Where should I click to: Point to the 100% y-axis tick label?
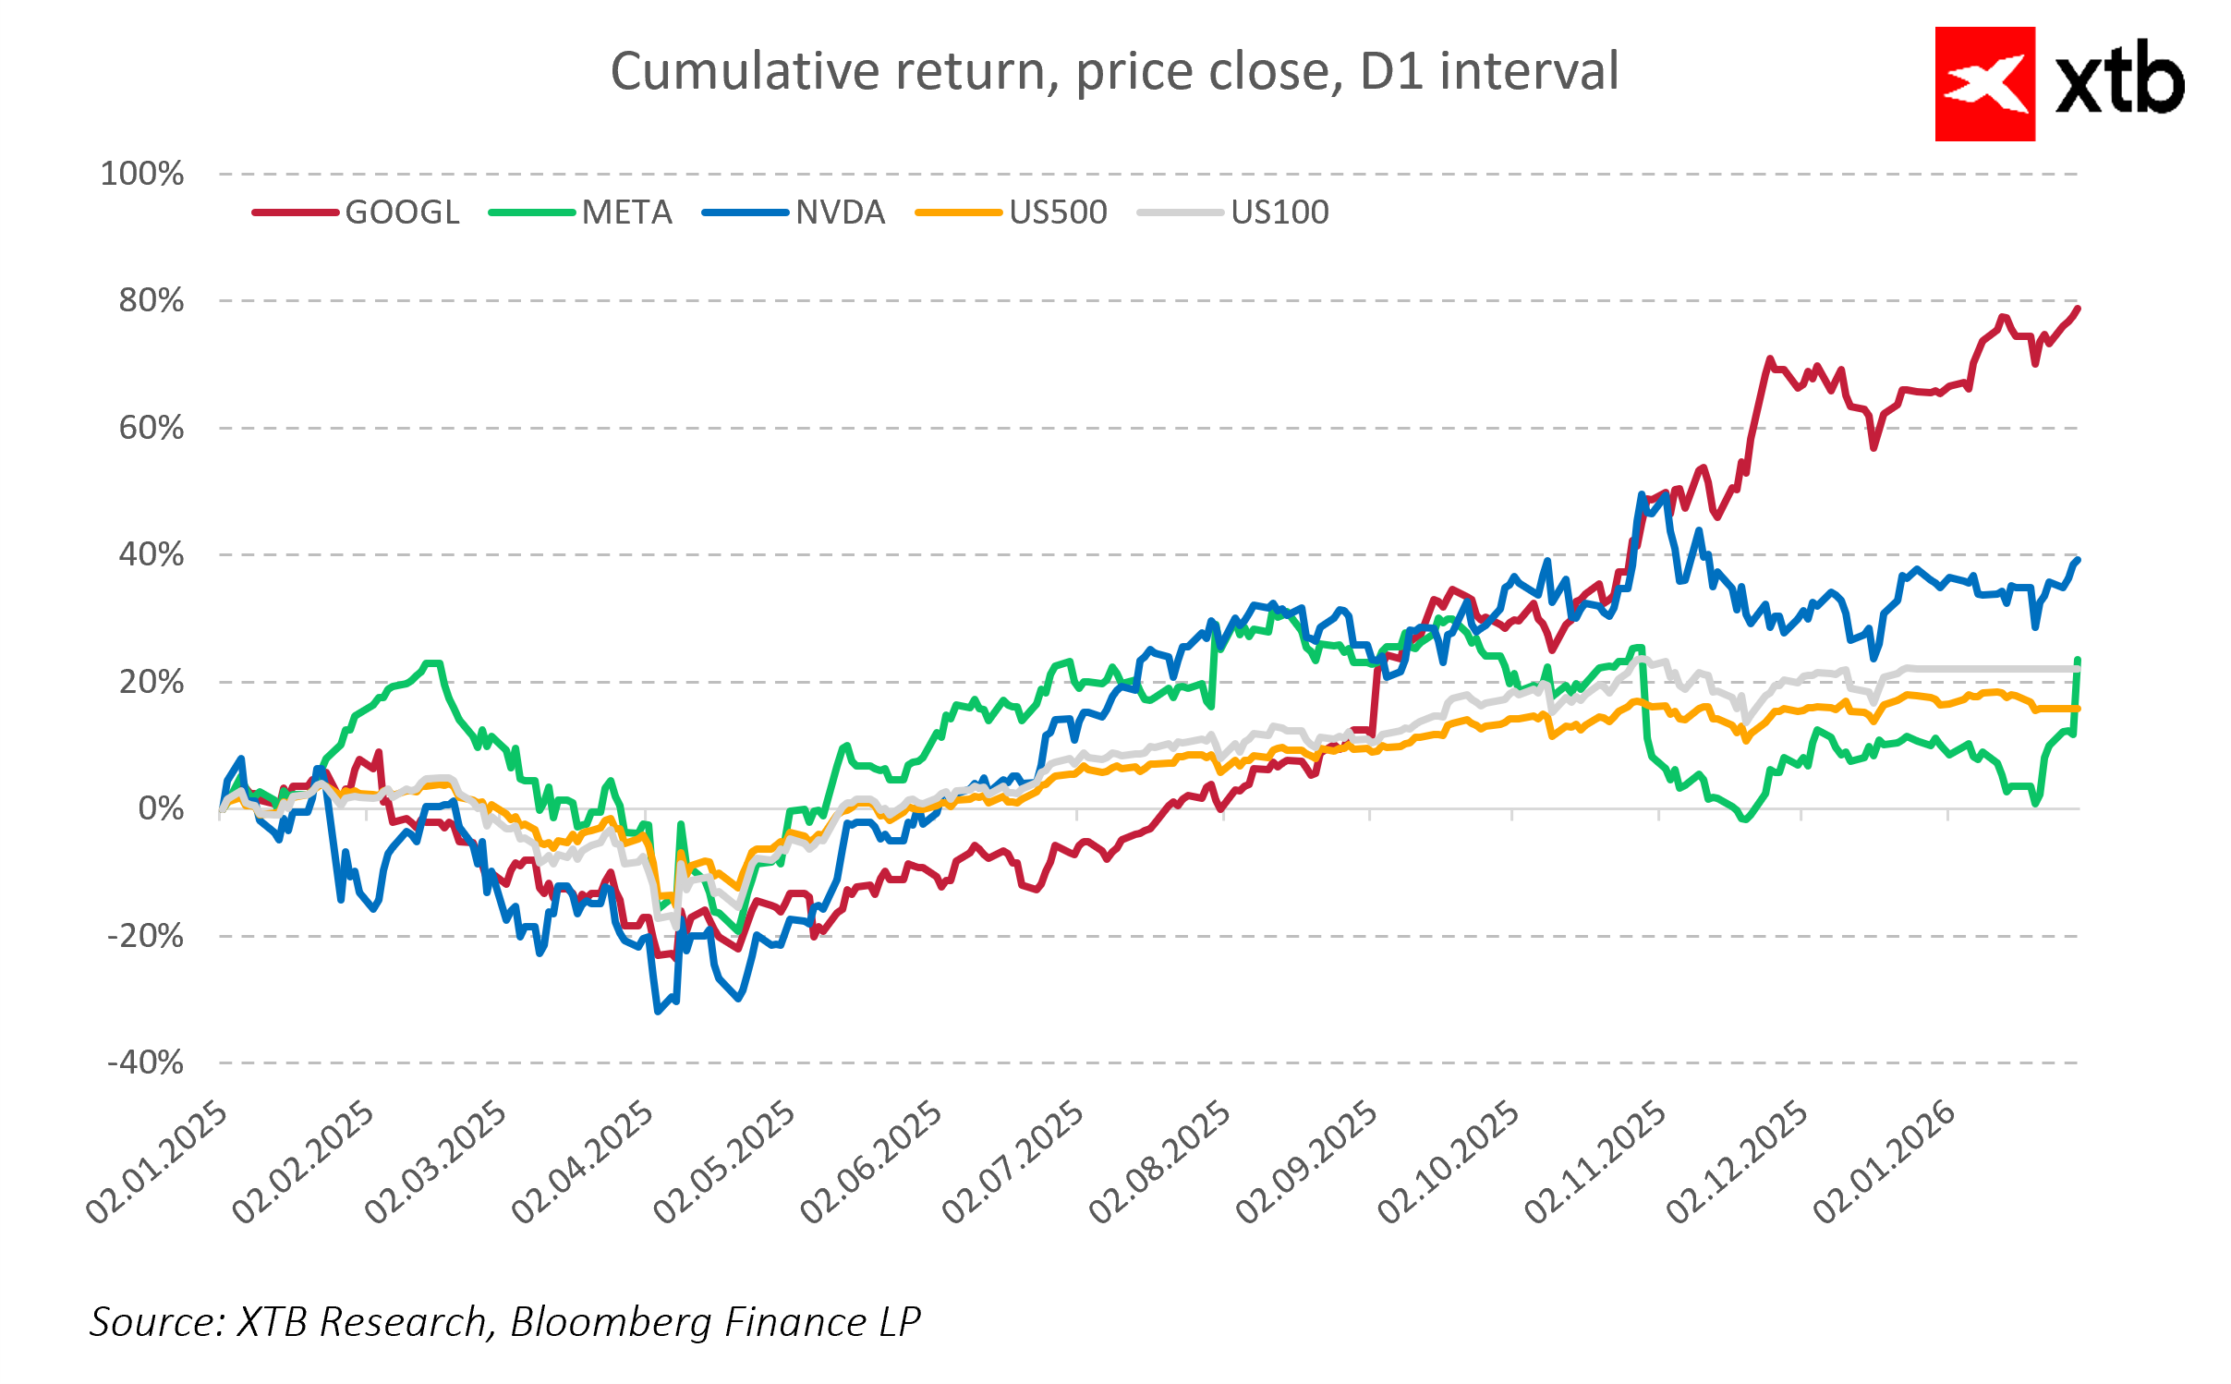[x=142, y=174]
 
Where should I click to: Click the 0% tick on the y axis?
[x=161, y=809]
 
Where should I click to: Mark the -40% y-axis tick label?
[x=146, y=1062]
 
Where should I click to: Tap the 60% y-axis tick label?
[x=152, y=428]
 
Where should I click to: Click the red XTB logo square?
[x=1984, y=84]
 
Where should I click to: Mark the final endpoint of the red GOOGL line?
[x=2078, y=309]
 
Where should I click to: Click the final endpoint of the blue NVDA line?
[x=2078, y=560]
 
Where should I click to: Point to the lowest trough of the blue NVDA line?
[x=658, y=1011]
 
